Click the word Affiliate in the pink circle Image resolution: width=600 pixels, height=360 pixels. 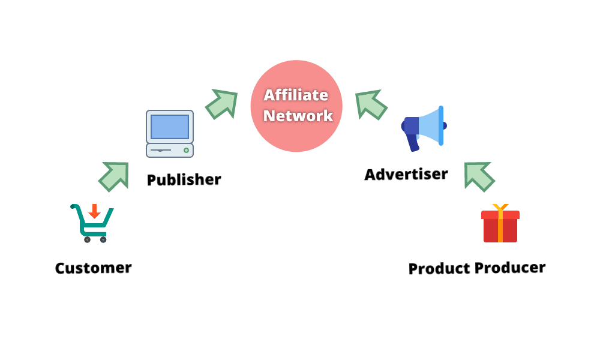[296, 95]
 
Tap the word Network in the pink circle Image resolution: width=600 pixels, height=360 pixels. [298, 115]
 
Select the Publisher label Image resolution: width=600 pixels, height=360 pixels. [184, 179]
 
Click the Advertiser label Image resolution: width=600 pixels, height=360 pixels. [406, 174]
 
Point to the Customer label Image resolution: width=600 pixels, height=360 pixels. [93, 268]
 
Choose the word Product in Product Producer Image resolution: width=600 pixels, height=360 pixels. [439, 268]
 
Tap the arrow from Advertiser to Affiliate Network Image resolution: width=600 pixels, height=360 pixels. [371, 104]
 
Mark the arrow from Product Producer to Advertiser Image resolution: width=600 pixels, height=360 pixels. [479, 176]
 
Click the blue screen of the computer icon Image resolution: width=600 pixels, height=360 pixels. [170, 127]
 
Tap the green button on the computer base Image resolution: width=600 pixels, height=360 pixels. [186, 150]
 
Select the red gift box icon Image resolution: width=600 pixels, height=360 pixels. [500, 226]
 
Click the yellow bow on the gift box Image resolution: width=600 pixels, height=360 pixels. [500, 208]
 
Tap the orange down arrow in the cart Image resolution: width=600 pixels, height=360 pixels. [94, 211]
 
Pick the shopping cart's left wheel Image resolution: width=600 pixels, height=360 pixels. [87, 239]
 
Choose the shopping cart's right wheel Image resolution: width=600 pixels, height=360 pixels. [103, 239]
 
